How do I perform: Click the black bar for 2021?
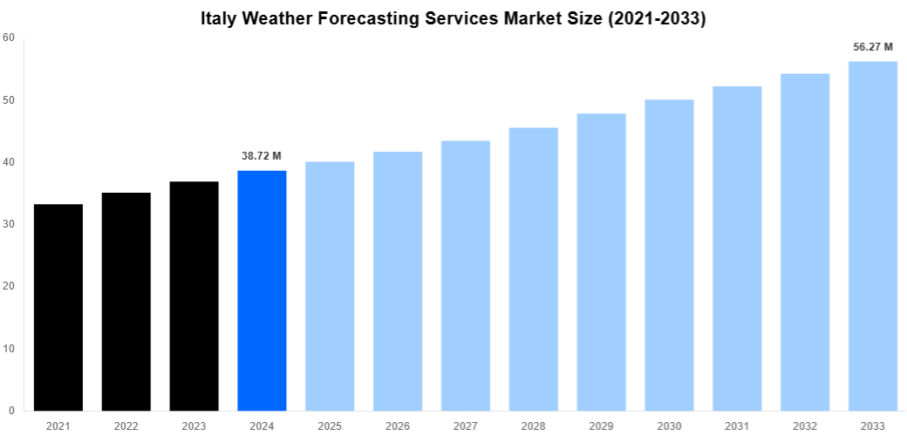pyautogui.click(x=58, y=307)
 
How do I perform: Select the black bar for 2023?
pyautogui.click(x=194, y=296)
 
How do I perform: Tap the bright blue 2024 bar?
pyautogui.click(x=262, y=290)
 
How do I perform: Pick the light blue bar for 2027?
pyautogui.click(x=466, y=276)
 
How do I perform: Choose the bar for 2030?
pyautogui.click(x=669, y=255)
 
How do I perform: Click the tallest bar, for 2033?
pyautogui.click(x=872, y=235)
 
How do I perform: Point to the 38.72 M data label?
pyautogui.click(x=262, y=156)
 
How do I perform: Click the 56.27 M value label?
pyautogui.click(x=872, y=47)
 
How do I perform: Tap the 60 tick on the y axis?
pyautogui.click(x=9, y=37)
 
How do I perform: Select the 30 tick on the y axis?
pyautogui.click(x=9, y=224)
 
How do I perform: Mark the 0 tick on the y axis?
pyautogui.click(x=11, y=411)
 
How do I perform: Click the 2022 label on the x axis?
pyautogui.click(x=126, y=426)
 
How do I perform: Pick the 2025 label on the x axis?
pyautogui.click(x=330, y=426)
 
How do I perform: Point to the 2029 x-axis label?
pyautogui.click(x=601, y=426)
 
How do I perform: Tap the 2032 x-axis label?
pyautogui.click(x=804, y=426)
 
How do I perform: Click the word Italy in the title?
pyautogui.click(x=219, y=17)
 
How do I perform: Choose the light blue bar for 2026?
pyautogui.click(x=398, y=281)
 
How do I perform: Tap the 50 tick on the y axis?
pyautogui.click(x=9, y=100)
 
